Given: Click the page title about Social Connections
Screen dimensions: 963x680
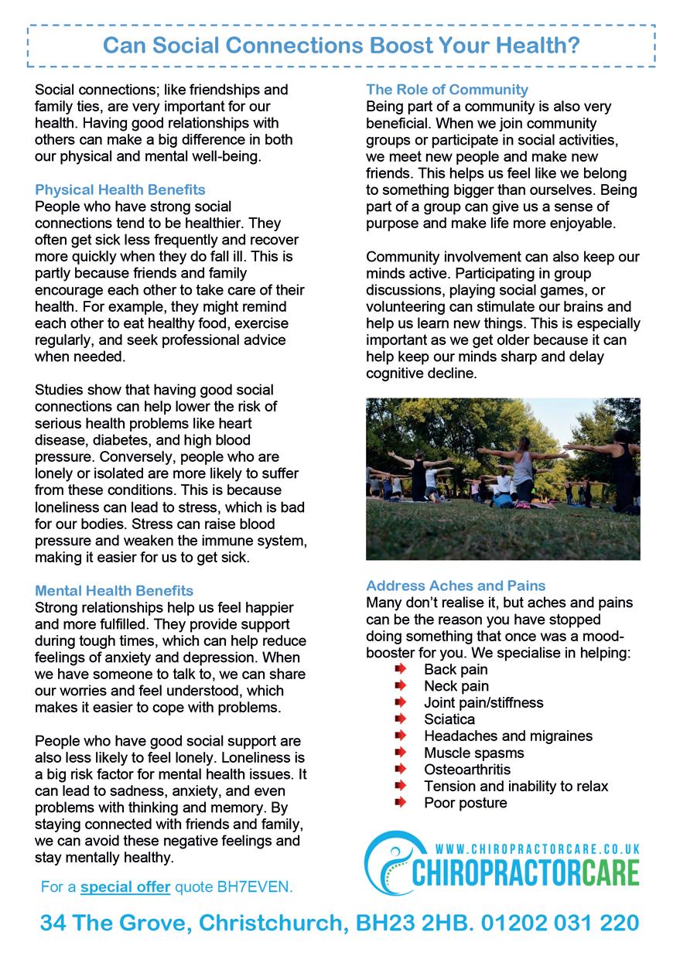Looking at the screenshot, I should tap(341, 46).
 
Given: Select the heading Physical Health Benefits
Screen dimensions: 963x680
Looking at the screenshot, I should tap(120, 190).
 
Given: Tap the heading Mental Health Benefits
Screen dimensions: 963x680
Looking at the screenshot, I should tap(114, 592).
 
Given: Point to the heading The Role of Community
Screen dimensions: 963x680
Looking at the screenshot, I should tap(447, 89).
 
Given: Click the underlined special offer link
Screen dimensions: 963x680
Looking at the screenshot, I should tap(125, 886).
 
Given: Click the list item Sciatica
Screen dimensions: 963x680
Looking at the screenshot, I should tap(449, 719).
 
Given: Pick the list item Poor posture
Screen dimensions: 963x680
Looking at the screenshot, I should tap(466, 803).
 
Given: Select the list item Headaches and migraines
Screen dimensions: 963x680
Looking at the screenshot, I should tap(507, 736).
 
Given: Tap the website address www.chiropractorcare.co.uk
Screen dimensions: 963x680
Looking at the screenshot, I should tap(538, 849).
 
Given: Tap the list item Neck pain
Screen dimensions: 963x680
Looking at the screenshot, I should tap(456, 686).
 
